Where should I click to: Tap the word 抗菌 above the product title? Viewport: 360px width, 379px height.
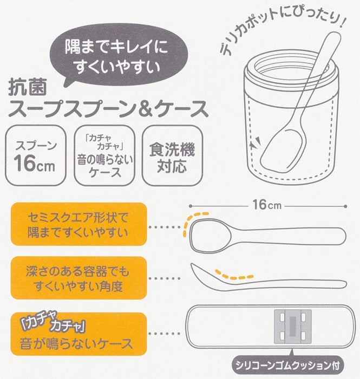[x=27, y=88]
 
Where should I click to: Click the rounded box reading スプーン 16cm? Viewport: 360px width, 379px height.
[x=36, y=155]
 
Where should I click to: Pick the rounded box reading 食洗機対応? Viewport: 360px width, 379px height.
[x=172, y=155]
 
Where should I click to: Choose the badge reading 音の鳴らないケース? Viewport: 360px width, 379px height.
[x=104, y=155]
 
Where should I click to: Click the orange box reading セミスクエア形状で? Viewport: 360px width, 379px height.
[x=78, y=224]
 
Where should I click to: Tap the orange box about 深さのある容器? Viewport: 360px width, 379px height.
[x=78, y=278]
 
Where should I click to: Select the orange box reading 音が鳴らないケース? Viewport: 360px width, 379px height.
[x=78, y=334]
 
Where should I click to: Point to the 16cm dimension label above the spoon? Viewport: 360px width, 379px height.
[x=267, y=205]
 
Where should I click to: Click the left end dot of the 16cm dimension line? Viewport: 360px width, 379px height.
[x=191, y=206]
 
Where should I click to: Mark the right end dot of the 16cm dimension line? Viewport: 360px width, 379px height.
[x=345, y=206]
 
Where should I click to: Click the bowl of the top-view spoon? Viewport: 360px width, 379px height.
[x=210, y=235]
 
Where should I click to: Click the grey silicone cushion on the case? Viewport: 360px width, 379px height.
[x=292, y=326]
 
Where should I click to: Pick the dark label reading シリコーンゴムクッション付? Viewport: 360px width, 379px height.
[x=287, y=365]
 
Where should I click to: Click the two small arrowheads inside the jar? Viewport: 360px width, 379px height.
[x=256, y=142]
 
